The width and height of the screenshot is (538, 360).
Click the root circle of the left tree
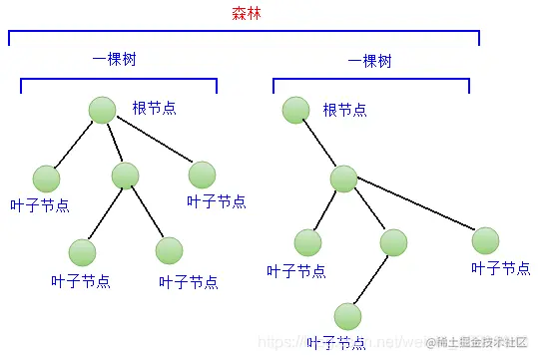coord(102,109)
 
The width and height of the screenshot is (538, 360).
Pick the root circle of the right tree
coord(294,109)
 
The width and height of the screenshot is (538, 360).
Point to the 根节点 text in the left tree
coord(154,108)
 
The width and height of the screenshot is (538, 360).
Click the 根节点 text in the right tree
coord(344,109)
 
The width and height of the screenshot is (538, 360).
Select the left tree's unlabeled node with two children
coord(125,176)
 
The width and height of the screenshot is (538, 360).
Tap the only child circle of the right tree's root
coord(343,179)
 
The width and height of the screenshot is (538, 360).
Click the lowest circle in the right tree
coord(347,315)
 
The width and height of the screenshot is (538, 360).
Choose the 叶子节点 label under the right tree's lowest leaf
coord(336,344)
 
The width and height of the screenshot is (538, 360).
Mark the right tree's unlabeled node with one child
coord(393,241)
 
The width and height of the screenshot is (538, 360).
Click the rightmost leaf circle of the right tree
coord(485,240)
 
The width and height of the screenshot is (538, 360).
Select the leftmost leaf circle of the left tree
coord(46,178)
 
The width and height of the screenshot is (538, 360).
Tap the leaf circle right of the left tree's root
coord(202,175)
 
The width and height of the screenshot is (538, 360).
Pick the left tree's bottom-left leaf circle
coord(83,251)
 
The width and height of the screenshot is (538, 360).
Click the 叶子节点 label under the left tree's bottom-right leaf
coord(188,281)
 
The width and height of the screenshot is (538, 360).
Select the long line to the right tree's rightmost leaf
coord(414,209)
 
